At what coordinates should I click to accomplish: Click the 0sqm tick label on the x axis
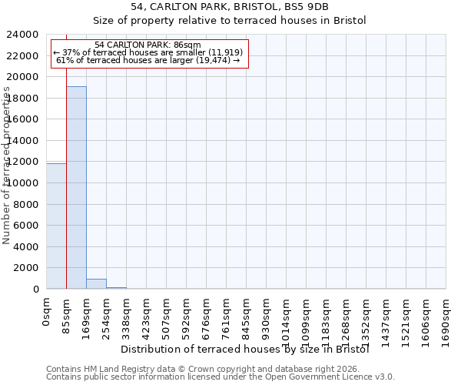coord(47,312)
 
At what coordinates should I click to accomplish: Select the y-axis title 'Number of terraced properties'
coord(7,165)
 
